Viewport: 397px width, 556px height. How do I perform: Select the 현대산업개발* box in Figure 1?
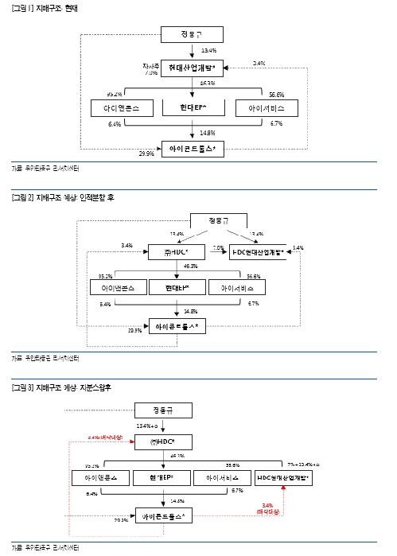point(193,69)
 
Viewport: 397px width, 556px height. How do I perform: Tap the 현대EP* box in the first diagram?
point(193,107)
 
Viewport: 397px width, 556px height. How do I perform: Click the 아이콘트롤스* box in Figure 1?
point(193,148)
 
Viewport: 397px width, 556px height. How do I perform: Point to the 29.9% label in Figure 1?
point(146,154)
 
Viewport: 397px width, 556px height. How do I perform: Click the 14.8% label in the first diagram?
point(208,132)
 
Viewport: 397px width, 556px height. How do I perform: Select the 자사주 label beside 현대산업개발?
point(151,66)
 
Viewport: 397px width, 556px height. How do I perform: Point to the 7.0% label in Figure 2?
point(217,248)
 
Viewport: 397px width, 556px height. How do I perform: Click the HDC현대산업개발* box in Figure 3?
point(284,478)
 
